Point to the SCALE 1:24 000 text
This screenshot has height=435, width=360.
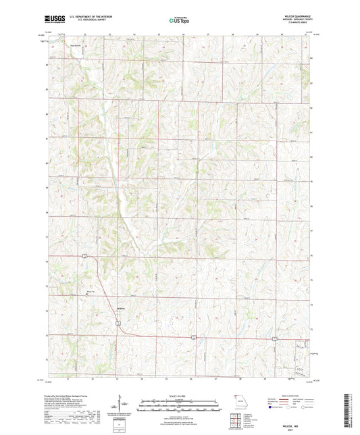179,396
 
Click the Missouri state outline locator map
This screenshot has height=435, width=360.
236,400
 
